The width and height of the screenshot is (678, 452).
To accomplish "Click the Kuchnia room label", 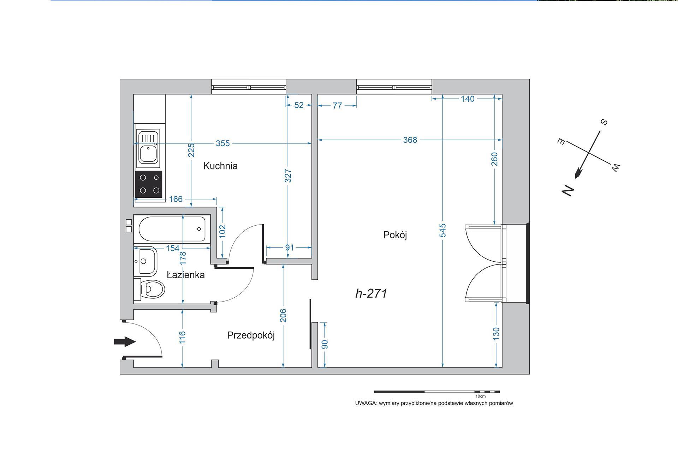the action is [220, 166].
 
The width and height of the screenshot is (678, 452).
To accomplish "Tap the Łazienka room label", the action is [186, 275].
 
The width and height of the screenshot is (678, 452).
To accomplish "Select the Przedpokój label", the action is [251, 335].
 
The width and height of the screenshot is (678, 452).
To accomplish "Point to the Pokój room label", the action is [395, 235].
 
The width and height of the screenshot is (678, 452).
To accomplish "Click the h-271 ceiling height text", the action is [371, 293].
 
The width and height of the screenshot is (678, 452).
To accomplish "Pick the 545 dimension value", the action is [443, 230].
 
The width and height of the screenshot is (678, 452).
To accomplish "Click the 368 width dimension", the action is [410, 140].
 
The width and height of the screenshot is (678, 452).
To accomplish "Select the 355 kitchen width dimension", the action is [223, 143].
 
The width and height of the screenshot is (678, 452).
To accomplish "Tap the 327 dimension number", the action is [288, 176].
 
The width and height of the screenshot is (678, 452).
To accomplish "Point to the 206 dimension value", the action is [283, 316].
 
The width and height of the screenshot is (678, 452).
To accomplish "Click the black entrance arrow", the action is [125, 341].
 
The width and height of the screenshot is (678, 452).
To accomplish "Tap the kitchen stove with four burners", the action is [149, 184].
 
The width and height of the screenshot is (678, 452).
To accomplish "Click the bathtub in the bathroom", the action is [172, 229].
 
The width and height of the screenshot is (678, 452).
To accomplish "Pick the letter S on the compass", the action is [604, 122].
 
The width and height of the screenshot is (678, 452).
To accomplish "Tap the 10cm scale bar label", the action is [481, 396].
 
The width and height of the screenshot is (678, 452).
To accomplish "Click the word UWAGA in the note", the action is [366, 403].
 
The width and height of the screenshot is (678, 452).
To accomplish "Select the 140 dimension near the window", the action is [468, 99].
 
